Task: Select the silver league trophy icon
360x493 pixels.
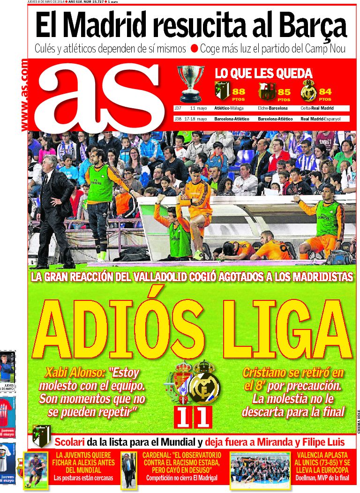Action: [191, 83]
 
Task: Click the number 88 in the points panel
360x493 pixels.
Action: [239, 92]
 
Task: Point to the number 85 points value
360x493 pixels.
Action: [284, 92]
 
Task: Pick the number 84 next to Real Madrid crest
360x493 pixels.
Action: [325, 92]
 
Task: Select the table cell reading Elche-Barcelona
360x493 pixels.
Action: [272, 108]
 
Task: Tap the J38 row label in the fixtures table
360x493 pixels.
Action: [178, 119]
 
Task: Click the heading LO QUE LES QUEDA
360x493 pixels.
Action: [263, 74]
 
